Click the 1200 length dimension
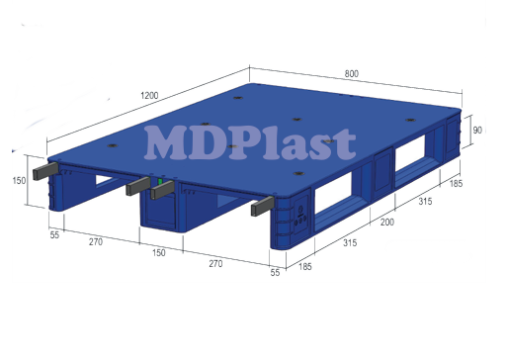(149, 95)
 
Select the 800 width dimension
(352, 72)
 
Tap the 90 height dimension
(476, 130)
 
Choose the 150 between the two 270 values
(157, 252)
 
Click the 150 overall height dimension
(18, 180)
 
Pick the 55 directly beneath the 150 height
(53, 235)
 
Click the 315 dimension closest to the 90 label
(425, 203)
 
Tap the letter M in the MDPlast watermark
(169, 143)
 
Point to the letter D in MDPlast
(212, 143)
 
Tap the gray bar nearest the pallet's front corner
(262, 206)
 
